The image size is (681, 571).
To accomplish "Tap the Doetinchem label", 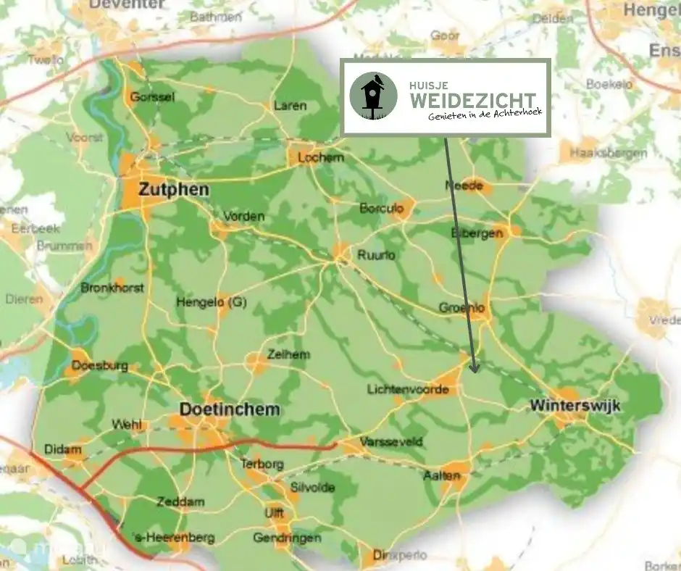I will tap(229, 410).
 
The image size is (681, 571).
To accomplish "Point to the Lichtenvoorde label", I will tap(409, 390).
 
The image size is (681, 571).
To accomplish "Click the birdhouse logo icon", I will tap(373, 96).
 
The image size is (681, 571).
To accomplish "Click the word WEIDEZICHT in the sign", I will tap(471, 99).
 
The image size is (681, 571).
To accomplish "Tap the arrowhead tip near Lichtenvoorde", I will tap(475, 371).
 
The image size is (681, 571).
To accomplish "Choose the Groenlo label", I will tap(461, 308).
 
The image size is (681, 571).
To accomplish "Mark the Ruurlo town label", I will tap(376, 255).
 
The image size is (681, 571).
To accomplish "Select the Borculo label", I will tap(380, 209).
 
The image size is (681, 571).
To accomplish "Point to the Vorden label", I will tap(243, 217).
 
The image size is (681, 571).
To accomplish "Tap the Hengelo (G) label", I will tap(212, 303).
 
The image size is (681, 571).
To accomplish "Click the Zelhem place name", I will tap(288, 354).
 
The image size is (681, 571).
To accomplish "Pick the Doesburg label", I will tap(101, 366).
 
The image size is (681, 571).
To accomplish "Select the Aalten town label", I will tap(441, 476).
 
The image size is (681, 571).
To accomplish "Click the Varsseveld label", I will tap(384, 442).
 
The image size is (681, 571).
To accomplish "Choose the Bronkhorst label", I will tap(112, 288).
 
